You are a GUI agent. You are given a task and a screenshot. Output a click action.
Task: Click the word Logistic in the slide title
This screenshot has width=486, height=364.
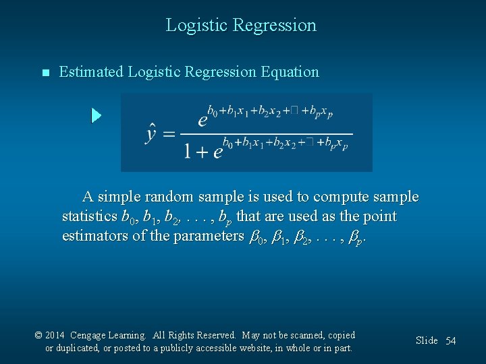pyautogui.click(x=196, y=26)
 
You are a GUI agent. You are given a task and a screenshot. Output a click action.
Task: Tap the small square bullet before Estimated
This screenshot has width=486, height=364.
pyautogui.click(x=45, y=73)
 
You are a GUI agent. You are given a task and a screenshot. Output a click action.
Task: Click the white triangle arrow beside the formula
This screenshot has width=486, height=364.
pyautogui.click(x=97, y=115)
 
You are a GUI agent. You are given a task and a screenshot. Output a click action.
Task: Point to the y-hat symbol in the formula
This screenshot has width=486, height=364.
pyautogui.click(x=153, y=133)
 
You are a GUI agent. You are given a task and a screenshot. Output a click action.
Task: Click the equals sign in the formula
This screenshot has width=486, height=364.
pyautogui.click(x=169, y=134)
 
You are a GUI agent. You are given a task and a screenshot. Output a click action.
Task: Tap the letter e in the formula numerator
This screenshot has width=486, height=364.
pyautogui.click(x=202, y=121)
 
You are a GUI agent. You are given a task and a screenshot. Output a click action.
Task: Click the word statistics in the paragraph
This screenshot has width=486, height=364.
pyautogui.click(x=89, y=217)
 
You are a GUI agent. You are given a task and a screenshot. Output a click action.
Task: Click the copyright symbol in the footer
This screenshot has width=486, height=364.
pyautogui.click(x=39, y=335)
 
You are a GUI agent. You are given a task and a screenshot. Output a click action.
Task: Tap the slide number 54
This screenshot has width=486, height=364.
pyautogui.click(x=450, y=341)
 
